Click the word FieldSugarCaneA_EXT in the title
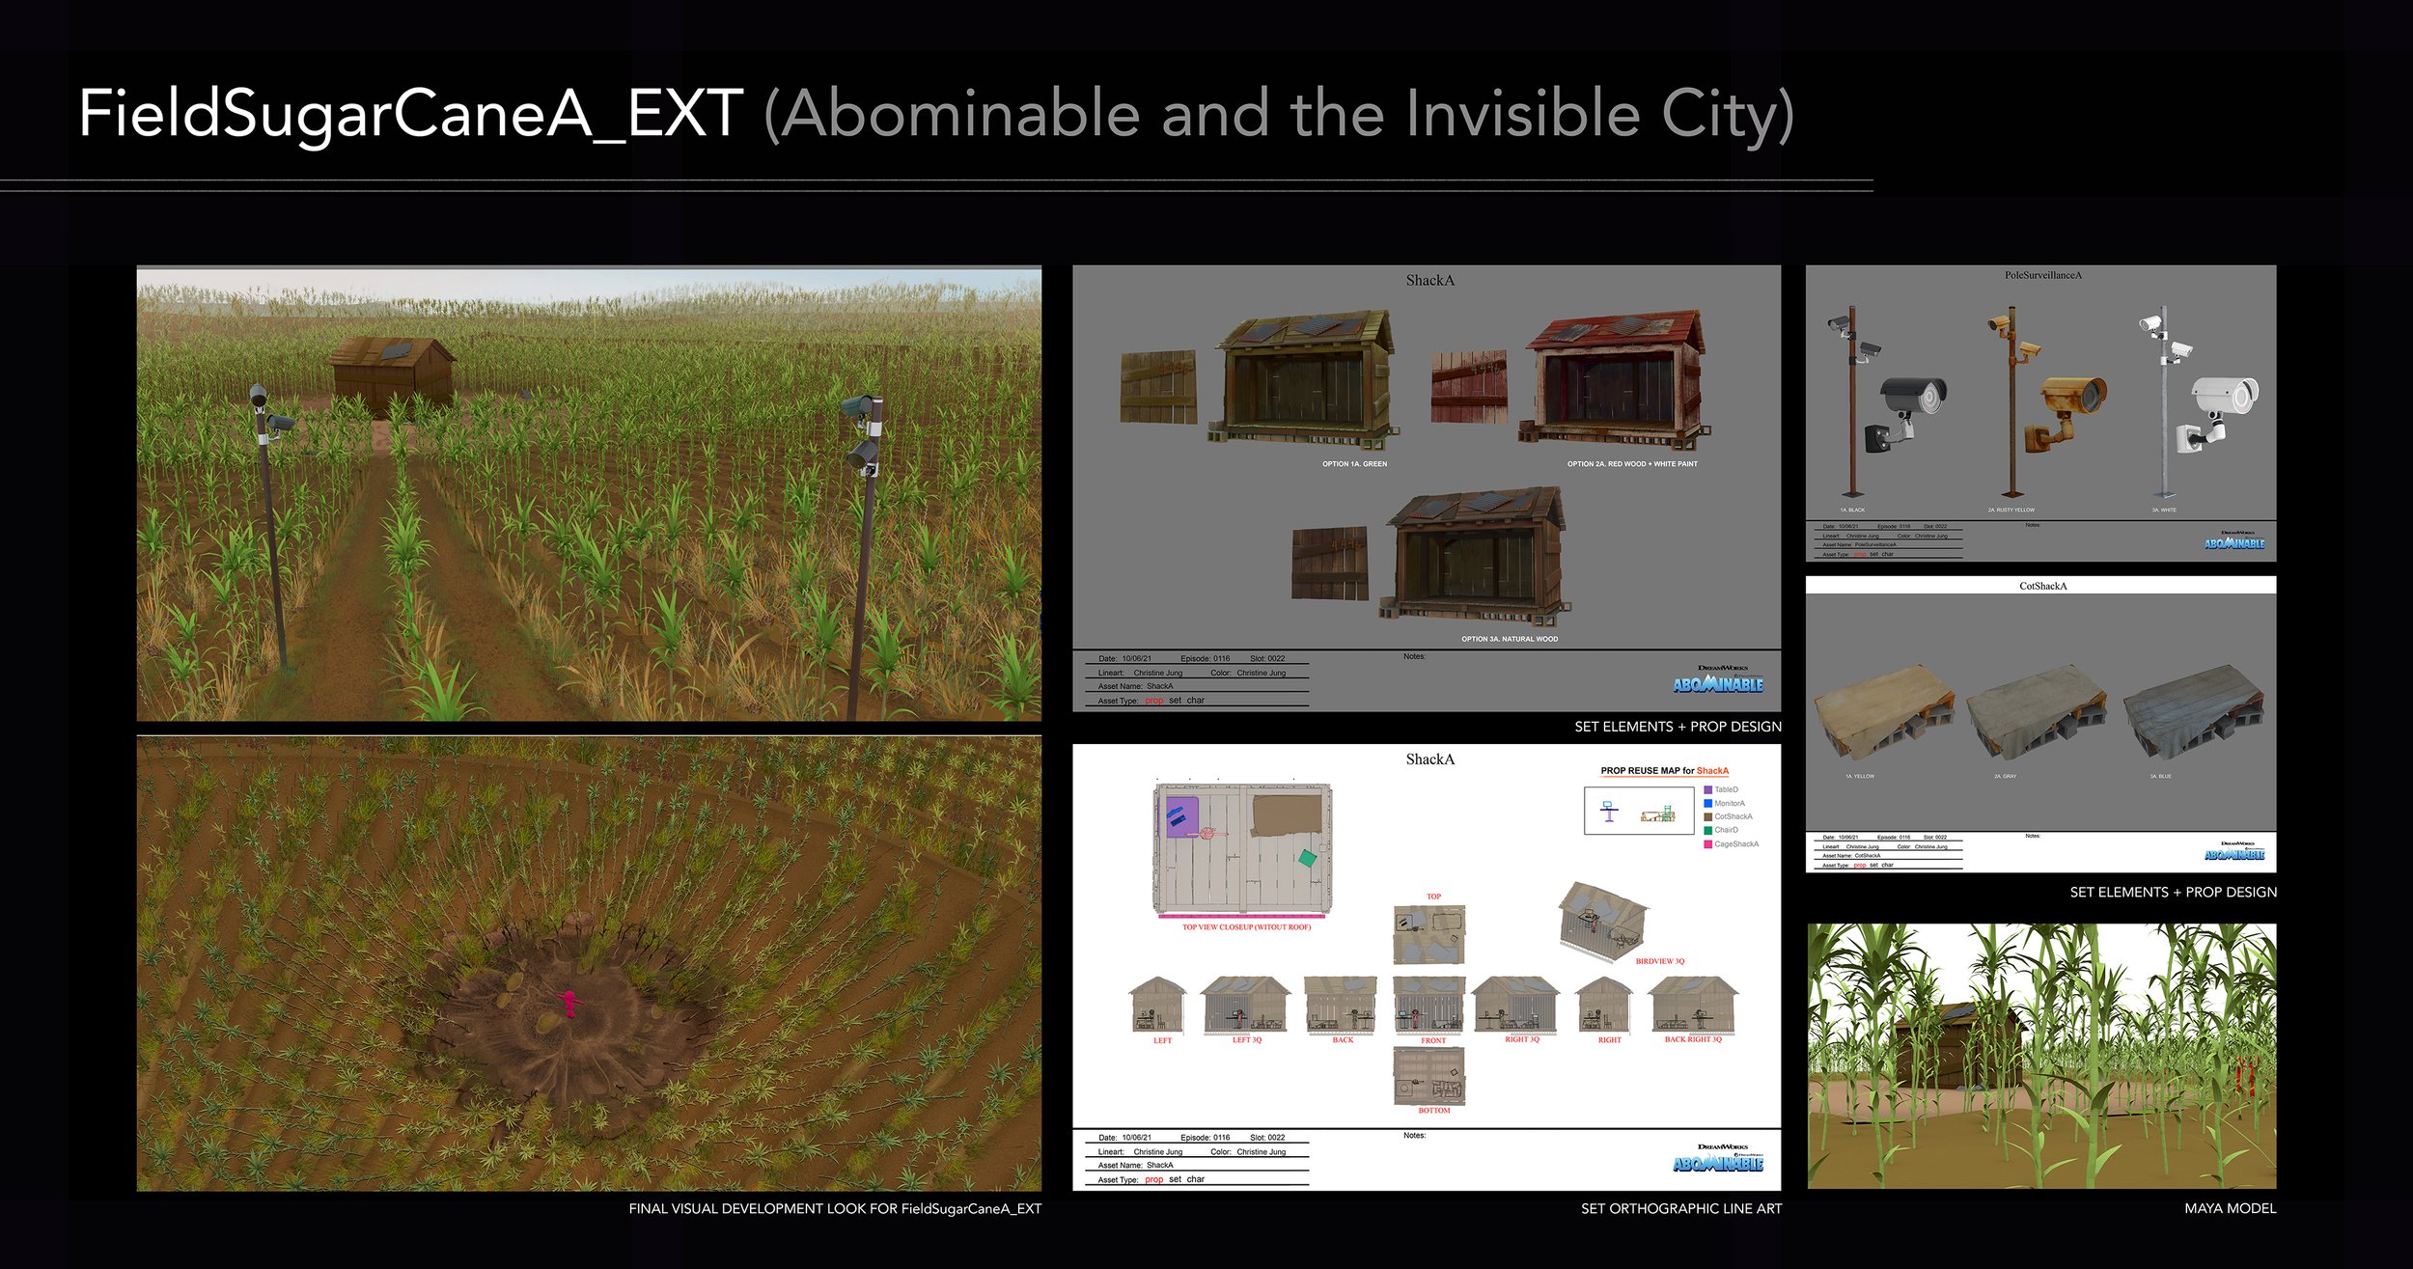tap(410, 114)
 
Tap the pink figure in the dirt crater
tap(569, 1003)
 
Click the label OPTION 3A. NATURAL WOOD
tap(1509, 639)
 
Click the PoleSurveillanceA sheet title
tap(2042, 275)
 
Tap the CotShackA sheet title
tap(2042, 586)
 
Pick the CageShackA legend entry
tap(1735, 844)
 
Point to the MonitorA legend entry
tap(1729, 803)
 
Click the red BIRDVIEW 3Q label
tap(1659, 961)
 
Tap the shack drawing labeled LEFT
tap(1157, 1006)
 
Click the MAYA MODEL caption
tap(2230, 1208)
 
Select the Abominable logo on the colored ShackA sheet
tap(1717, 684)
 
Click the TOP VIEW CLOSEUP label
tap(1246, 927)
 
